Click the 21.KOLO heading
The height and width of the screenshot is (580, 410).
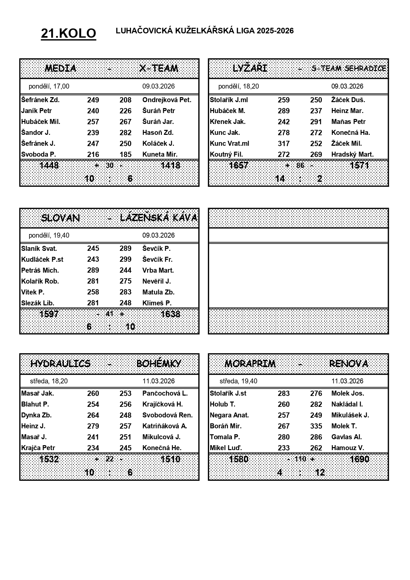(x=68, y=33)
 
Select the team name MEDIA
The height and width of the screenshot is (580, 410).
(x=60, y=68)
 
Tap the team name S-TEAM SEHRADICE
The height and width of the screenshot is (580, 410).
(x=349, y=68)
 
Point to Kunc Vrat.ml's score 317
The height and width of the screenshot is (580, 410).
(x=283, y=143)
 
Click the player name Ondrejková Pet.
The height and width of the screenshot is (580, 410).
(x=167, y=100)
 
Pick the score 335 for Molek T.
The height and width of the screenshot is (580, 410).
(x=316, y=426)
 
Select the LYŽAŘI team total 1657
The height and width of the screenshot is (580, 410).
(x=239, y=165)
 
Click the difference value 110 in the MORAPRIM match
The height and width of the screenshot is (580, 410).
(x=300, y=459)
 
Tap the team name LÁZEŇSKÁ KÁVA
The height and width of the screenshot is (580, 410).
(x=159, y=218)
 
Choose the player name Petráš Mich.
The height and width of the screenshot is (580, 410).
(x=40, y=270)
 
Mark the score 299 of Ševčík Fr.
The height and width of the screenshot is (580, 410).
(x=126, y=259)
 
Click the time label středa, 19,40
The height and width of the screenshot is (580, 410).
(x=238, y=381)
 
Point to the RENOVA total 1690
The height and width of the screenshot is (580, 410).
(x=359, y=459)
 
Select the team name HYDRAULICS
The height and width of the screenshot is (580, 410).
(x=60, y=364)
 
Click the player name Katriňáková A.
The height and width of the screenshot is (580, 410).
(x=165, y=426)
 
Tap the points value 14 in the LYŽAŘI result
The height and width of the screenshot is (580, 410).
(x=280, y=179)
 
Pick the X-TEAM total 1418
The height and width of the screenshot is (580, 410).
(x=170, y=165)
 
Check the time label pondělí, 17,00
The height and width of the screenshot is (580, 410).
(x=49, y=86)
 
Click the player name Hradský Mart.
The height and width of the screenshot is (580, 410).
(x=352, y=154)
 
